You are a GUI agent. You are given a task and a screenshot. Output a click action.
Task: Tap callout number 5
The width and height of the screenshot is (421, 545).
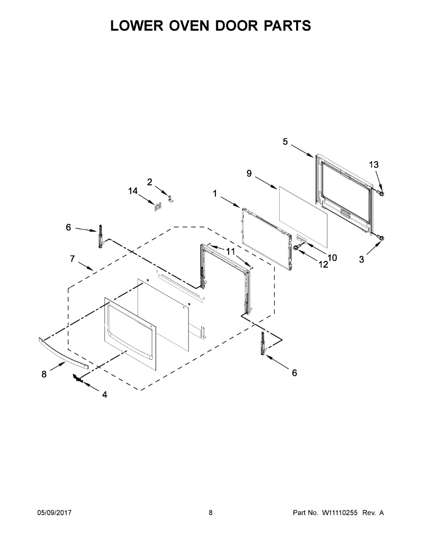coord(285,142)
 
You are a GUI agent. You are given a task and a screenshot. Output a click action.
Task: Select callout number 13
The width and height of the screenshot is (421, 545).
coord(373,165)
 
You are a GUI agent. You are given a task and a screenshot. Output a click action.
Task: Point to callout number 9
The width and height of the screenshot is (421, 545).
coord(249,173)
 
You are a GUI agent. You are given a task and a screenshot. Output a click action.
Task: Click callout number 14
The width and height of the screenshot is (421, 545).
coord(133,192)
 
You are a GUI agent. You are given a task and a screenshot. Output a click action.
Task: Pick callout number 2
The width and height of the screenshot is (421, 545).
coord(149,182)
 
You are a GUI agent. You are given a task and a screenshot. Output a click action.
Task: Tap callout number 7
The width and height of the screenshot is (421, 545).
coord(72,259)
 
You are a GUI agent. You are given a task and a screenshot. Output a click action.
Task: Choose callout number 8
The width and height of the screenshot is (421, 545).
coord(44,374)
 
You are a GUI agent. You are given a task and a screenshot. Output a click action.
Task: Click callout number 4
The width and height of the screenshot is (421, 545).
coord(104,395)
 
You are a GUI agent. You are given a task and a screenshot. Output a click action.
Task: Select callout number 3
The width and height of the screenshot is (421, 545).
coord(362,259)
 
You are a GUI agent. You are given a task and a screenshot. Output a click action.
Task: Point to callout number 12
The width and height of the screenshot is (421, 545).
coord(323,265)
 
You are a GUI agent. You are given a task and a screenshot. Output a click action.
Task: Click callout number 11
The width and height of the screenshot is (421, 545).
coord(231,251)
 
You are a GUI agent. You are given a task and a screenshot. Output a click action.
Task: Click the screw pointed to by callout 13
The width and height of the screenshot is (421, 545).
coord(381,194)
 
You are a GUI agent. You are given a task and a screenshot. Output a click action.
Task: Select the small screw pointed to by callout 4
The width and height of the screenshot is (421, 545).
coord(79,379)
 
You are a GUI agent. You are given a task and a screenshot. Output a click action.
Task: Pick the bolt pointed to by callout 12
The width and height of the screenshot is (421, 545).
coord(296,247)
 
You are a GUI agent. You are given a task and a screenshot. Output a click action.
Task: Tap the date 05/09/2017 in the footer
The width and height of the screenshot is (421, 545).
coord(54,513)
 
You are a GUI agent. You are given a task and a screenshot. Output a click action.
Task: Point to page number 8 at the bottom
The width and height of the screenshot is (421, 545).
coord(211,513)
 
